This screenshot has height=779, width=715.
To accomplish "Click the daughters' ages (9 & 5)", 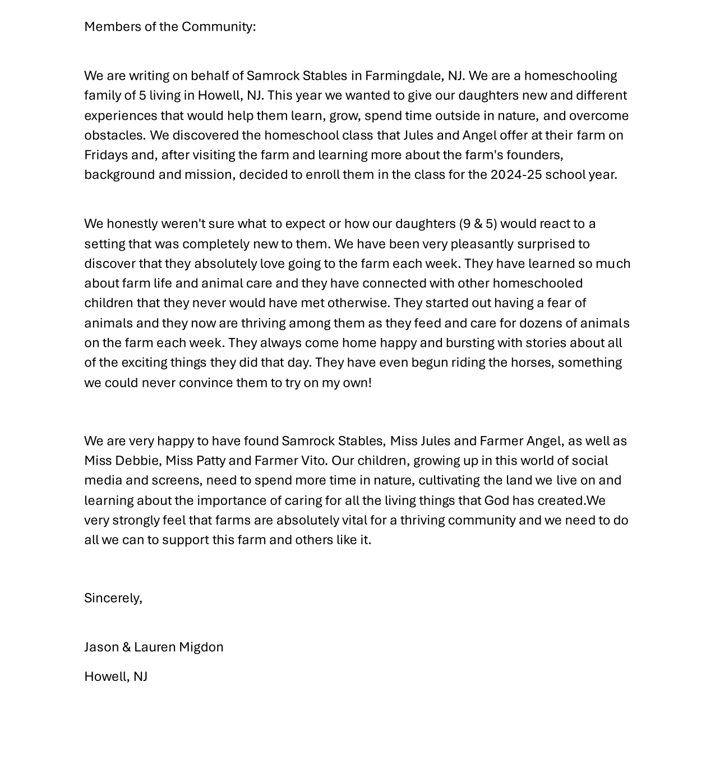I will [478, 224].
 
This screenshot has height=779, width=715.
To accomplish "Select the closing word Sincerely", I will [112, 598].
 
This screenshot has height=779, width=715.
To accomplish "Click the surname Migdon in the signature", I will [201, 647].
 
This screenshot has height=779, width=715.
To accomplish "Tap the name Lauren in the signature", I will [155, 647].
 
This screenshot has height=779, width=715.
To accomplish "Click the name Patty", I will [210, 461].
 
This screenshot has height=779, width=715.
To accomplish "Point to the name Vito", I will [313, 461].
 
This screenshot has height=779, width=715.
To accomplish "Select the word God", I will [496, 500].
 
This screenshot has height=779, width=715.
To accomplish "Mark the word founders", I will [534, 155].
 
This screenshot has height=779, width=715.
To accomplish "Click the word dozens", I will [540, 323].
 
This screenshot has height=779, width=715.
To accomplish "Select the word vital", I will [354, 520].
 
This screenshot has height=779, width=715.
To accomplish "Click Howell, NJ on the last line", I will [116, 676].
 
